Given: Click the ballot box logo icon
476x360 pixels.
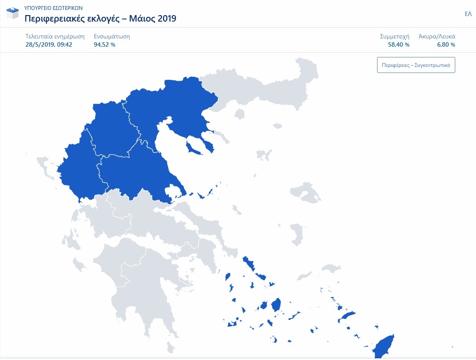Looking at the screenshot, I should click(x=13, y=13).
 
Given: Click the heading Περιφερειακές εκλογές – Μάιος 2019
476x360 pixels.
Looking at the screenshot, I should click(x=100, y=19).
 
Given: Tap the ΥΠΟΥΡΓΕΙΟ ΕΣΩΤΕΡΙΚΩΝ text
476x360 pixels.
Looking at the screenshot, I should click(x=54, y=8).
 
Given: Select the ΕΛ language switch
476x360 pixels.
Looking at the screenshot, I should click(x=468, y=14).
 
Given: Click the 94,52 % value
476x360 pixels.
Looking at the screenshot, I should click(x=105, y=44).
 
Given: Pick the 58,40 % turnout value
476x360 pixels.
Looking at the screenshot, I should click(x=398, y=44).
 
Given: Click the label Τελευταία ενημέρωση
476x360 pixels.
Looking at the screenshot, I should click(x=55, y=36).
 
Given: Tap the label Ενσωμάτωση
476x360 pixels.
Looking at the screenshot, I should click(x=111, y=36).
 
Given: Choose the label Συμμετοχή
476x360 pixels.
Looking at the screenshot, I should click(x=394, y=36).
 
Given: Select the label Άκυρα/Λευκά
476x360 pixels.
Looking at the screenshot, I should click(x=437, y=36).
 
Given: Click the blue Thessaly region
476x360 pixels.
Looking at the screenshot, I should click(x=134, y=173).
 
